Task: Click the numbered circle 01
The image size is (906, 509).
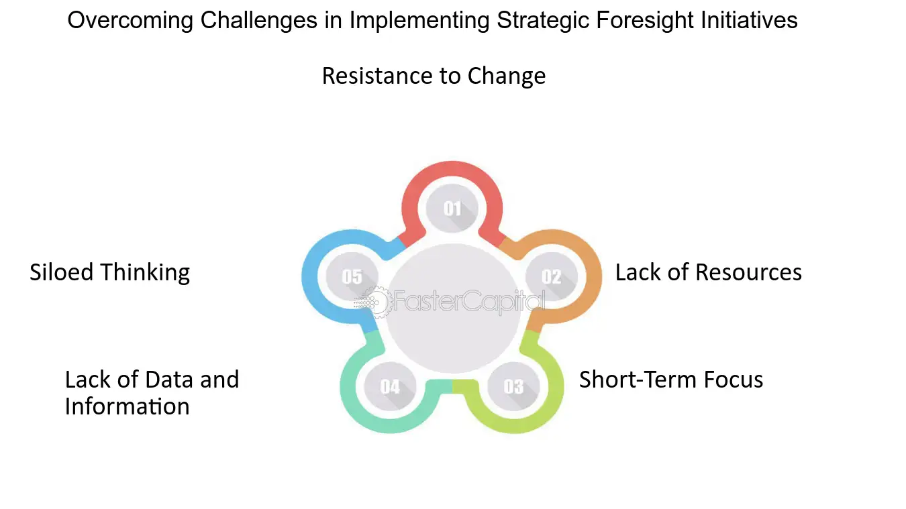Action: click(452, 208)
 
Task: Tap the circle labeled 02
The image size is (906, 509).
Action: click(552, 276)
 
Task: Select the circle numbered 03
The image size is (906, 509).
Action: click(513, 386)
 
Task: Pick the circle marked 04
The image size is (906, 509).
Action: click(391, 386)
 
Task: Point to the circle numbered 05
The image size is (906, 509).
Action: click(352, 276)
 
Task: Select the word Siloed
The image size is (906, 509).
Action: click(62, 272)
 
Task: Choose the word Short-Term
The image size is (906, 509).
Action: click(638, 380)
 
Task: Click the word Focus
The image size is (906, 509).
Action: click(734, 380)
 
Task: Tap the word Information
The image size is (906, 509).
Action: click(128, 406)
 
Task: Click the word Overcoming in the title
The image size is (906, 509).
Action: click(130, 21)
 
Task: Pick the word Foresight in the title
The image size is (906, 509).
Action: click(645, 21)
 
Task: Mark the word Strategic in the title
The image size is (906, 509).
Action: click(543, 21)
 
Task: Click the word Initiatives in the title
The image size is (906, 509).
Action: click(749, 20)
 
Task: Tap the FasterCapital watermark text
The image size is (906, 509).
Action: click(469, 302)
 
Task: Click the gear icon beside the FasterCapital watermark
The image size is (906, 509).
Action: click(377, 302)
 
